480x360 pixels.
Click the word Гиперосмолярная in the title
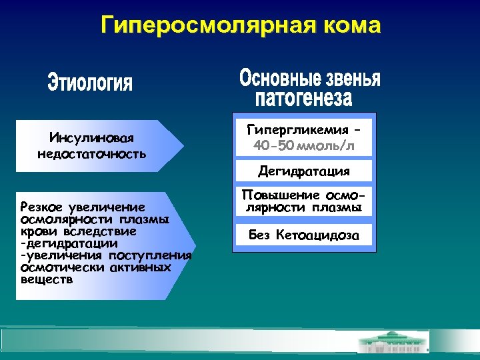tap(201, 26)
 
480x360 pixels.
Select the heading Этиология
tap(90, 84)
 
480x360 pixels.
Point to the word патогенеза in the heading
tap(303, 99)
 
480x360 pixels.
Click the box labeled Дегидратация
tap(304, 171)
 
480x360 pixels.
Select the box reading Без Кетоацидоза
tap(304, 235)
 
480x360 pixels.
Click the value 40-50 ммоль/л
tap(304, 145)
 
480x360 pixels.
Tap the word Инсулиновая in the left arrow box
tap(92, 138)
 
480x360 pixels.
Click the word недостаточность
tap(92, 154)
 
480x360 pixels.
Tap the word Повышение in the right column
tap(280, 195)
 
